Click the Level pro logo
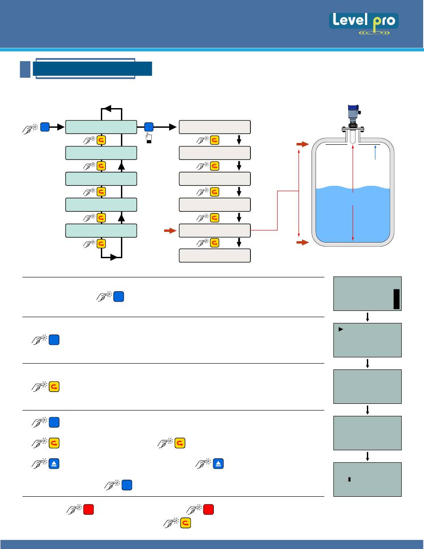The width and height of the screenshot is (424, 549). (364, 24)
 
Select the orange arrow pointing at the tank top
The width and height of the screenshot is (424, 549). (302, 145)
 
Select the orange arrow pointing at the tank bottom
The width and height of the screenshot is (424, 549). (302, 243)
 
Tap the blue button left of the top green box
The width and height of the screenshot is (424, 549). (44, 127)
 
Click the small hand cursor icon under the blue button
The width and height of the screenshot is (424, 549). (149, 138)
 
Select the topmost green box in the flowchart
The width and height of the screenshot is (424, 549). (101, 127)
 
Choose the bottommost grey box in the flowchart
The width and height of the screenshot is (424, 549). (214, 256)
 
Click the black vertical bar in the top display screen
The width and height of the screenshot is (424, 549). (396, 299)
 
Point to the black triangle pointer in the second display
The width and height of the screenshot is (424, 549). (340, 330)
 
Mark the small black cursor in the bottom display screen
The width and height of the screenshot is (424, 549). (349, 479)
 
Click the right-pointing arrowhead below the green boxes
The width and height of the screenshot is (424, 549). (114, 258)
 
